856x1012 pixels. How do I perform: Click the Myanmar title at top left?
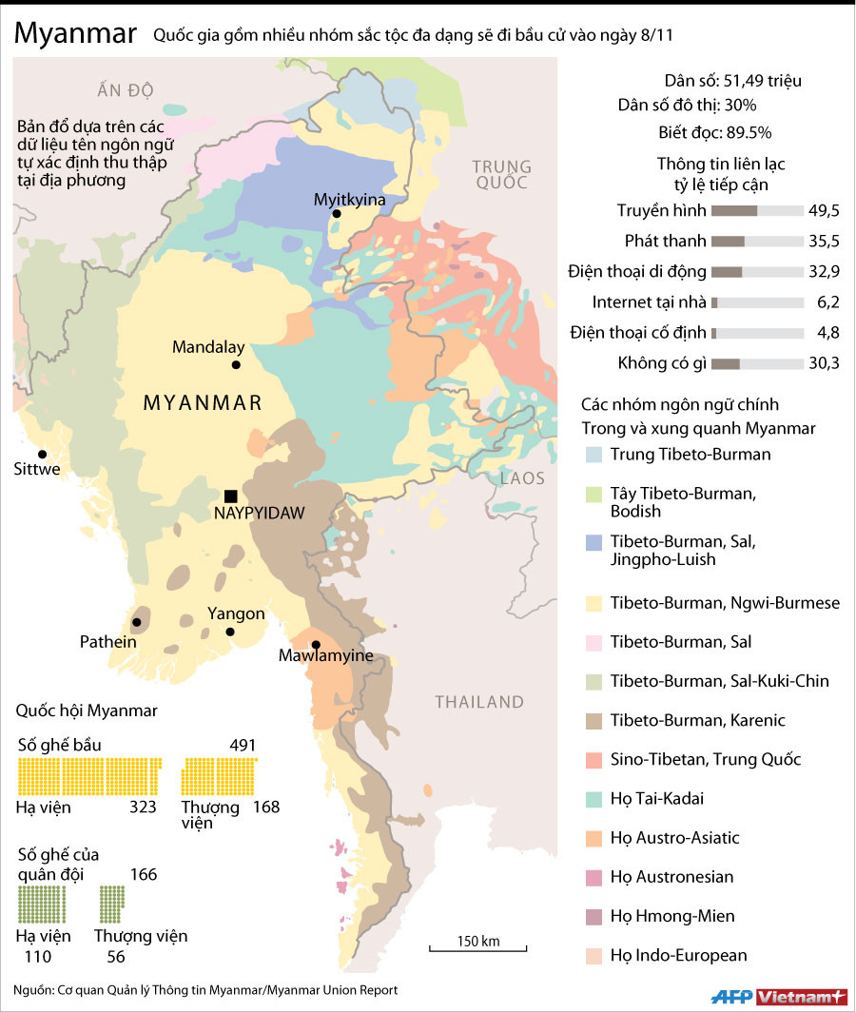click(x=74, y=34)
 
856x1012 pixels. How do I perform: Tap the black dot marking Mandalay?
click(x=236, y=364)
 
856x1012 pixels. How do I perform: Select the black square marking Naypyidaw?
click(x=230, y=496)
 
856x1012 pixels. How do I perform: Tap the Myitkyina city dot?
click(x=336, y=215)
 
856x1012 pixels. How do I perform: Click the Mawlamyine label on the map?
click(x=325, y=655)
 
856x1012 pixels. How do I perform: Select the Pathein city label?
click(x=107, y=642)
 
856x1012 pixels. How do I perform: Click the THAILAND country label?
click(x=479, y=702)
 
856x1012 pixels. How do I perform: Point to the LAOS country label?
click(x=523, y=477)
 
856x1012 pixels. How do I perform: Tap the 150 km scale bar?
click(x=477, y=946)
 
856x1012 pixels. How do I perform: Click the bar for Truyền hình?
click(x=757, y=211)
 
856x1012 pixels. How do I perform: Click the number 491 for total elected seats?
click(x=243, y=745)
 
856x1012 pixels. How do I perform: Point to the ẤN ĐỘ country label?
click(x=125, y=90)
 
